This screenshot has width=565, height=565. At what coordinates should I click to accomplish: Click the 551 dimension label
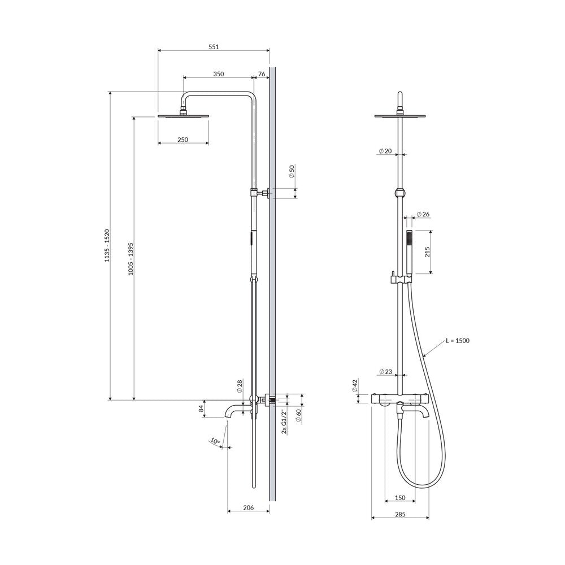coord(214,46)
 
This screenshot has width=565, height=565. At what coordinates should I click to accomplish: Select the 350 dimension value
coord(218,74)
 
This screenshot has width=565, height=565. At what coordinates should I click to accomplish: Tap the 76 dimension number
coord(262,74)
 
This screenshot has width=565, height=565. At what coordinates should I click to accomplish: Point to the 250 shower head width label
coord(182,140)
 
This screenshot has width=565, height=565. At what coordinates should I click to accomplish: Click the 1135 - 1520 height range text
coord(107,245)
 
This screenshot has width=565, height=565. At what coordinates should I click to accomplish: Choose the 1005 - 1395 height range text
coord(131,259)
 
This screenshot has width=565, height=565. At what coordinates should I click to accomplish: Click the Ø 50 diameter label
coord(292,171)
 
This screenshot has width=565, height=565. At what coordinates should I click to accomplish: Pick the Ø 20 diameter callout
coord(385,151)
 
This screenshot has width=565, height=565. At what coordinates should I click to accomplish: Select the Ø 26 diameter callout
coord(423,214)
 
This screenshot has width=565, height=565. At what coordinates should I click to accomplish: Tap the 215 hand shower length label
coord(427,252)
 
